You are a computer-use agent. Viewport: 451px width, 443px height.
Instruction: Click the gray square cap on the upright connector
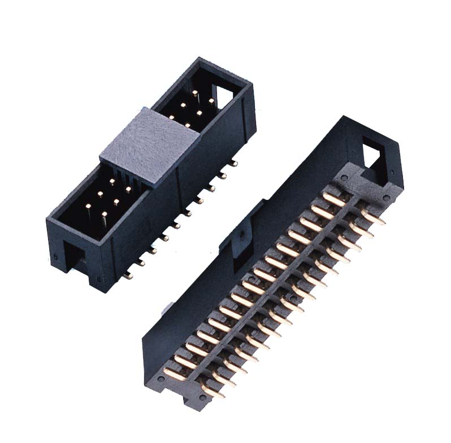click(151, 143)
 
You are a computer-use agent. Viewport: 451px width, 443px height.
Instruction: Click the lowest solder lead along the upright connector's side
click(129, 275)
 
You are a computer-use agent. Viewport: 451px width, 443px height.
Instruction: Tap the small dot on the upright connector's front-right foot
click(100, 278)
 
